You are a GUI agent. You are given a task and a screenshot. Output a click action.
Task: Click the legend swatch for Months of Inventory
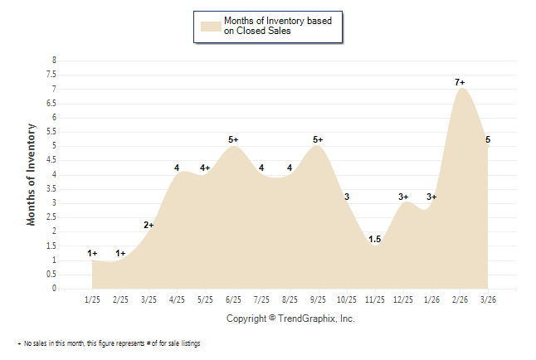(211, 26)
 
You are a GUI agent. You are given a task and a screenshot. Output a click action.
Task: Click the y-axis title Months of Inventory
(32, 174)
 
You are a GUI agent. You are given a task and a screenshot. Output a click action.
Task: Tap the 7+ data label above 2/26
(460, 82)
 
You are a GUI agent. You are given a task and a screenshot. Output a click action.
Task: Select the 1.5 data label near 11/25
(374, 240)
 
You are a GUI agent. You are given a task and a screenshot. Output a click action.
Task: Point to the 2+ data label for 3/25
(149, 225)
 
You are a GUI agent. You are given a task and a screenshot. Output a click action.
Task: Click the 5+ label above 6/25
(233, 139)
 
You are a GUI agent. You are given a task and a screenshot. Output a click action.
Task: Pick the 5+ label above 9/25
(318, 139)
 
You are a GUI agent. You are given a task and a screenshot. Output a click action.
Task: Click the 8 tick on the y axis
(54, 61)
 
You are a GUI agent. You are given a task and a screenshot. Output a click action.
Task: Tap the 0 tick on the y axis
(54, 289)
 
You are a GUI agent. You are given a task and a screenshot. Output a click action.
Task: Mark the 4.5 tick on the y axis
(51, 160)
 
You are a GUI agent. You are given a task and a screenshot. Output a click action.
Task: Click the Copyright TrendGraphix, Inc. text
(290, 319)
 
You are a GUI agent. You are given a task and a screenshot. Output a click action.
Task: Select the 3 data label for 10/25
(347, 197)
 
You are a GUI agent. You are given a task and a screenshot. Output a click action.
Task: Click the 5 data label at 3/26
(488, 139)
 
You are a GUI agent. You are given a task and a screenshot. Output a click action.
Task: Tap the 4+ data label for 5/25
(205, 168)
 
